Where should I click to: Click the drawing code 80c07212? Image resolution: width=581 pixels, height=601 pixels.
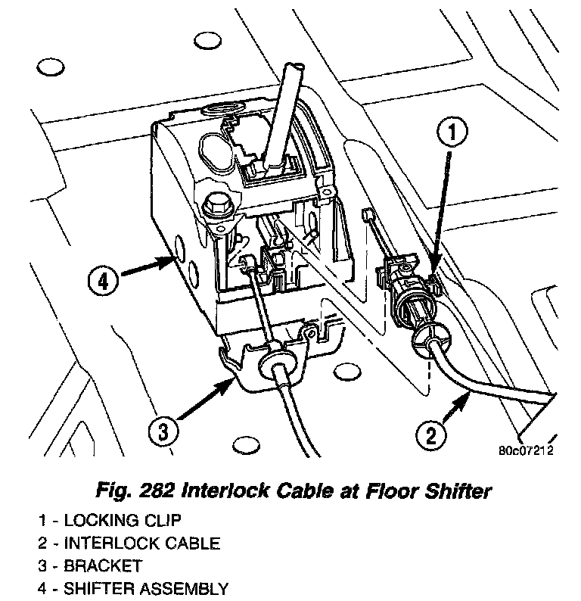point(526,452)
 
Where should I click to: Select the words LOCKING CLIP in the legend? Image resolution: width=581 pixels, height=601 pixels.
point(123,521)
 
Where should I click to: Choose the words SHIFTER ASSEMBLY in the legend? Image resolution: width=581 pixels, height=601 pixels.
point(145,587)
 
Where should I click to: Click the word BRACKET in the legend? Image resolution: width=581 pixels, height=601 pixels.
point(103,565)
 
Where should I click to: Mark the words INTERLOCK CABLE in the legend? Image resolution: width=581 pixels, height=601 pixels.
point(141,543)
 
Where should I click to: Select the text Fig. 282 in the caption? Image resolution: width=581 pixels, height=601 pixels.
point(123,491)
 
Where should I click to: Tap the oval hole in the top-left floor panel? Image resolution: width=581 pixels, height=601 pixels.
point(51,70)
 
